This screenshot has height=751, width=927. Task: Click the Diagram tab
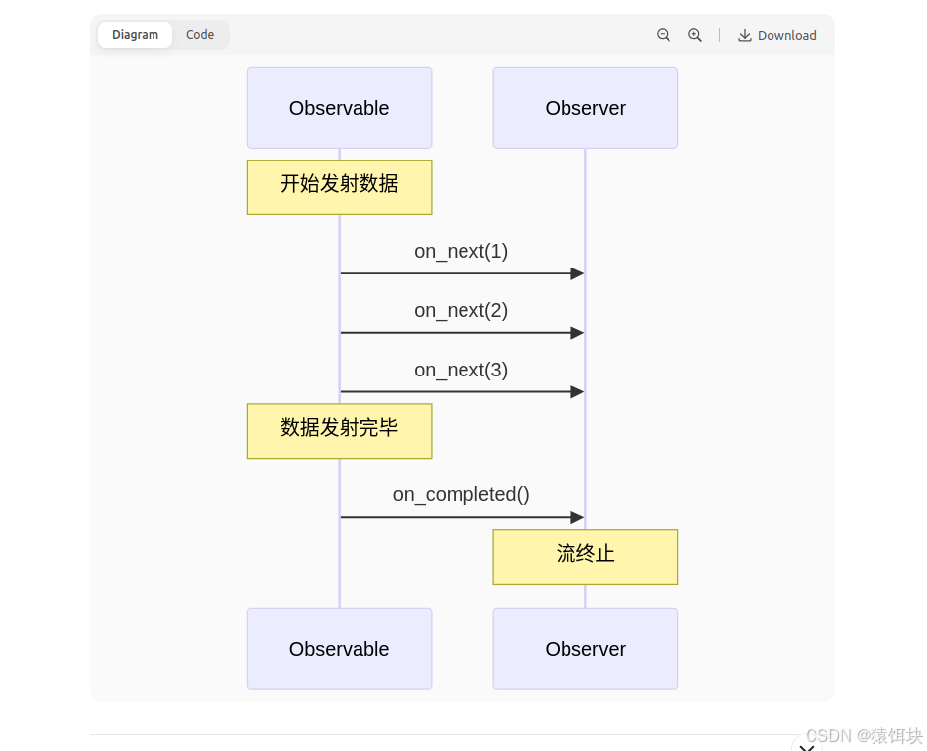point(135,35)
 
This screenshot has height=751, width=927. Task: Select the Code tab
point(200,35)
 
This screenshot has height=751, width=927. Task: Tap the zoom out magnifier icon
point(664,35)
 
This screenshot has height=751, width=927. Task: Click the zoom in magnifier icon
point(695,35)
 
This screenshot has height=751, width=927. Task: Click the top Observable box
point(339,108)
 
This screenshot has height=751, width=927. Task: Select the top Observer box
point(585,108)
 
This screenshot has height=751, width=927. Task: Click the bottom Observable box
point(339,649)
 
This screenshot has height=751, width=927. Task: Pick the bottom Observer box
point(585,649)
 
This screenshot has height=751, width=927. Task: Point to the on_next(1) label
point(461,251)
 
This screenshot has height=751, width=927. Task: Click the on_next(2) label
point(461,310)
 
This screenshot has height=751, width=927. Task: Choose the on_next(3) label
point(461,370)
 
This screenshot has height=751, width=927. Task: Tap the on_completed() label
point(461,494)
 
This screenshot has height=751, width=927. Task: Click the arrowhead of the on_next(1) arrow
point(577,273)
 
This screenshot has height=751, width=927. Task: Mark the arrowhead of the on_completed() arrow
point(577,517)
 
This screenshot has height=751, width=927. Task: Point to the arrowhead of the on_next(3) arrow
point(577,392)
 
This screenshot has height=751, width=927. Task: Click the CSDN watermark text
point(864,736)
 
